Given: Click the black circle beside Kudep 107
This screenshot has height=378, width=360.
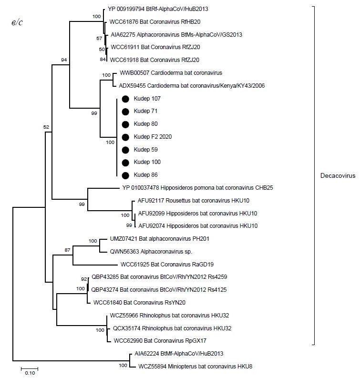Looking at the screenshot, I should click(125, 99).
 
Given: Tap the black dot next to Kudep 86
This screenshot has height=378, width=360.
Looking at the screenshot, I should click(125, 175).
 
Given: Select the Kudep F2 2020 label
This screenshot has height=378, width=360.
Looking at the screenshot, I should click(153, 137).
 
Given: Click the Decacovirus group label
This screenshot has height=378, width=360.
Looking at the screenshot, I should click(338, 175).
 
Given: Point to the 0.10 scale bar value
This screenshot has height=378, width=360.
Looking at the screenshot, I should click(29, 373).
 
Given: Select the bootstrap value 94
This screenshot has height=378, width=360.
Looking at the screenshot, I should click(63, 59).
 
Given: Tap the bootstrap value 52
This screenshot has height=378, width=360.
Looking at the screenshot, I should click(46, 127).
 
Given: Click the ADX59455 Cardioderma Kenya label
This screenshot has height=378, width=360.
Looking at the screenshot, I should click(189, 86).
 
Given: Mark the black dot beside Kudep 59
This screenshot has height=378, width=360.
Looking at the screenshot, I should click(125, 150).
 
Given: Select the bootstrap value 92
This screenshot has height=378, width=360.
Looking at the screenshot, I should click(85, 279).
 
